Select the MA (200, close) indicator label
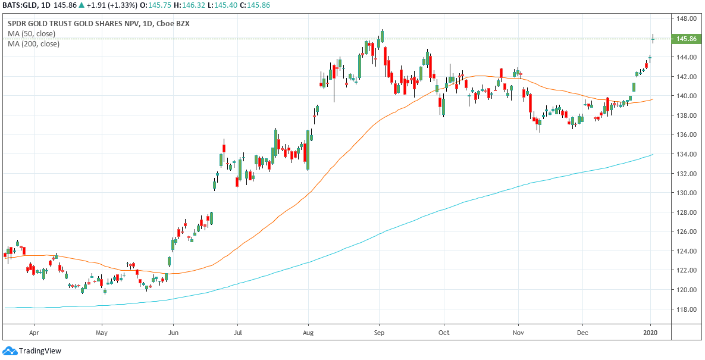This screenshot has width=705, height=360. pos(34,43)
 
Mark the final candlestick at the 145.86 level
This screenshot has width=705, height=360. pos(653,39)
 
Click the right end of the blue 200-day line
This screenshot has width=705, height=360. pos(653,155)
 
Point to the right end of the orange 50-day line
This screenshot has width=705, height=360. pos(653,99)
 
